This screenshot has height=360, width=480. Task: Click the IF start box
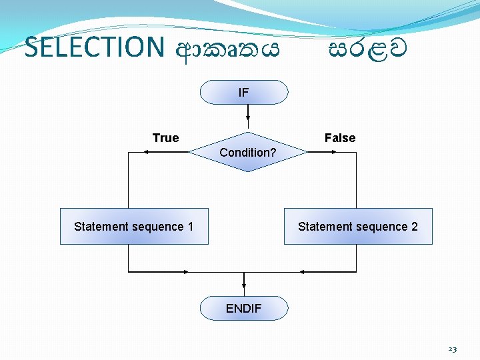point(244,93)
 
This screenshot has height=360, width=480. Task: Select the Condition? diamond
point(248,152)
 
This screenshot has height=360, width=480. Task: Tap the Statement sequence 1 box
point(134,227)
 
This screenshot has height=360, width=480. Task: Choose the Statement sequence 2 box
point(358,227)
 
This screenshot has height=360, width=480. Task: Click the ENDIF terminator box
point(244,309)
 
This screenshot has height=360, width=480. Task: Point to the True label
point(165,138)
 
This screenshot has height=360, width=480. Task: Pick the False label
point(340,138)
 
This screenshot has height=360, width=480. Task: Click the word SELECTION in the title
point(94,48)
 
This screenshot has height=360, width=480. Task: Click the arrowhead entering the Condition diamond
point(248,125)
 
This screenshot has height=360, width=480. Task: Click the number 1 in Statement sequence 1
point(191,227)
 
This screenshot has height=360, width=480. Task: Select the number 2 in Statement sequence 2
point(415,227)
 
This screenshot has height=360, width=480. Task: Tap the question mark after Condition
point(273,153)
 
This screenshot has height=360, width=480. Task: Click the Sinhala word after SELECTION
point(227,48)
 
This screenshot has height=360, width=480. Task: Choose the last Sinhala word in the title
point(367,48)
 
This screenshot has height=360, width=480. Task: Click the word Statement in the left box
point(100,227)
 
